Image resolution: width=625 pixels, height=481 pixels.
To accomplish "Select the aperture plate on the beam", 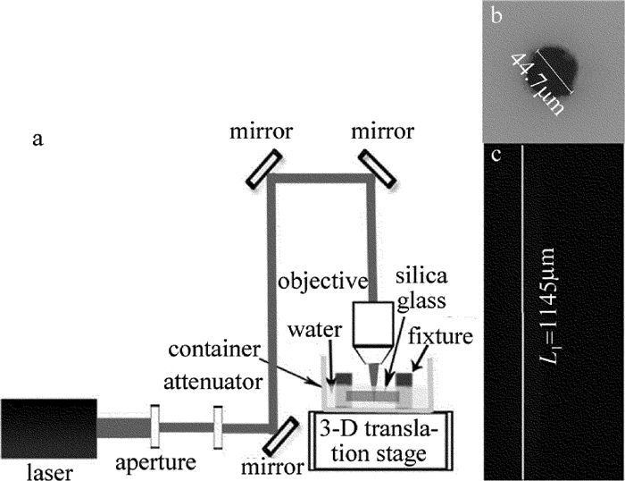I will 154,426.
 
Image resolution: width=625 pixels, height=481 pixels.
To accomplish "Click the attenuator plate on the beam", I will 216,426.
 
